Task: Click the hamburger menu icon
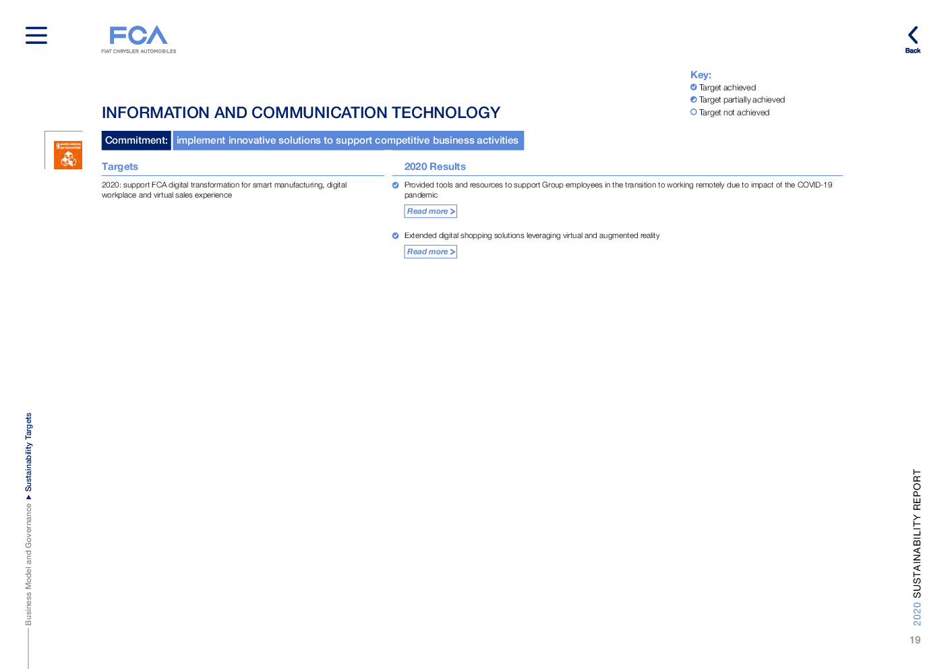point(36,35)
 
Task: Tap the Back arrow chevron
point(913,35)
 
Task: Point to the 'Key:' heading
point(701,75)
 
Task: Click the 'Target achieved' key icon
point(694,87)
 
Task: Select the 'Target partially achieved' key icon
point(694,100)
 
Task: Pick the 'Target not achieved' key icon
point(694,113)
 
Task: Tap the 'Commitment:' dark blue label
point(136,140)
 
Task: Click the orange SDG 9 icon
point(68,155)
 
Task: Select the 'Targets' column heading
point(120,167)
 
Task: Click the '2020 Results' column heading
point(435,167)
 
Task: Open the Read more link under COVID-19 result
point(431,211)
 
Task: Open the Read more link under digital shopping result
point(431,252)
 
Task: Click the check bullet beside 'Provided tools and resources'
point(396,185)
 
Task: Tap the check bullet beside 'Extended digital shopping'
point(396,236)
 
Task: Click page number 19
point(914,640)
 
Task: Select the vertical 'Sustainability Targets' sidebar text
point(28,452)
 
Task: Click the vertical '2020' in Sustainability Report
point(917,614)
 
